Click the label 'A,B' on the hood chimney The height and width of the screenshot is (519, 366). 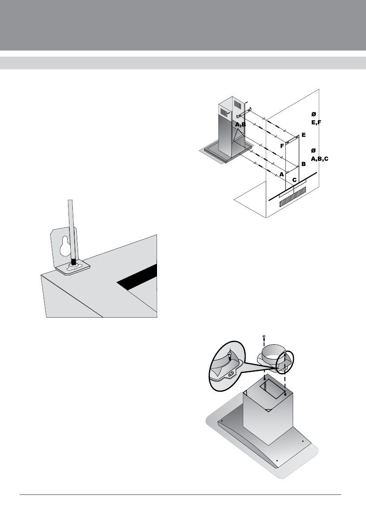tap(241, 125)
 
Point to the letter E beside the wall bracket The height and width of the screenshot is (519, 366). tap(303, 135)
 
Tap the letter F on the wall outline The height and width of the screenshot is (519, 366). tap(282, 146)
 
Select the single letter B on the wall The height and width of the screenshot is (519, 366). tap(303, 164)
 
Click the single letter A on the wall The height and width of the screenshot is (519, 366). tap(282, 173)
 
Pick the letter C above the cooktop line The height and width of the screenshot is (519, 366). tap(295, 180)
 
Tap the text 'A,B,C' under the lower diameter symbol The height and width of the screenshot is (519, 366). tap(319, 159)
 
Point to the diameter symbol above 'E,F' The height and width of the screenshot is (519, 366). tap(313, 114)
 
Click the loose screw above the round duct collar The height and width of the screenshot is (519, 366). tap(264, 337)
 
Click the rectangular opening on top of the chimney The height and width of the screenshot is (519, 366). tap(270, 390)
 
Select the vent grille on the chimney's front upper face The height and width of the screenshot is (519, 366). tap(238, 106)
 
